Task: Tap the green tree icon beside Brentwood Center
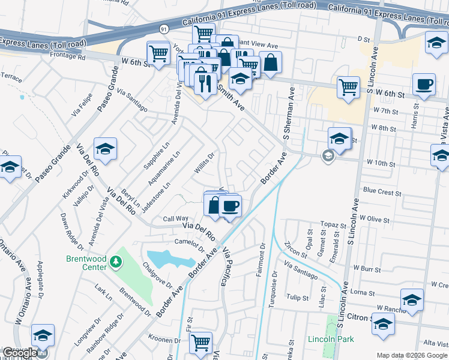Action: point(116,262)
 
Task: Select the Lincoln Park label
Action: point(330,339)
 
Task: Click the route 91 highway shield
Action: point(164,29)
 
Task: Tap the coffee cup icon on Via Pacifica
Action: point(230,206)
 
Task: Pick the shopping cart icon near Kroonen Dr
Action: point(201,343)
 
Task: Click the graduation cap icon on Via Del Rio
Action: point(105,149)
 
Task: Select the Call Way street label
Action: point(176,219)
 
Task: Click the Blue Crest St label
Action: point(382,193)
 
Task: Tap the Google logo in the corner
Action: point(19,353)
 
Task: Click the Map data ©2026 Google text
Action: point(411,355)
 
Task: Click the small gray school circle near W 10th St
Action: point(328,157)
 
